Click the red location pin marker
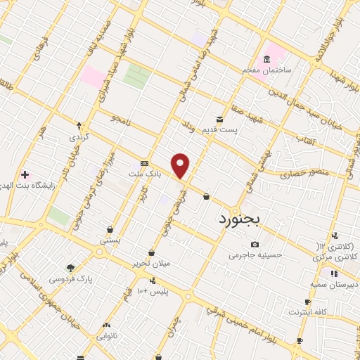(x=181, y=166)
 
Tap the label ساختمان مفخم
(x=267, y=71)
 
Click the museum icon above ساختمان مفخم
(x=267, y=59)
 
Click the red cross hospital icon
(x=25, y=174)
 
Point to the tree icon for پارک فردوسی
(x=70, y=267)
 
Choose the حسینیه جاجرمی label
(x=255, y=255)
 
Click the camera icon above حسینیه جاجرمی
(x=255, y=244)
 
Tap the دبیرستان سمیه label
(x=334, y=284)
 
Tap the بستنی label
(x=110, y=240)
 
